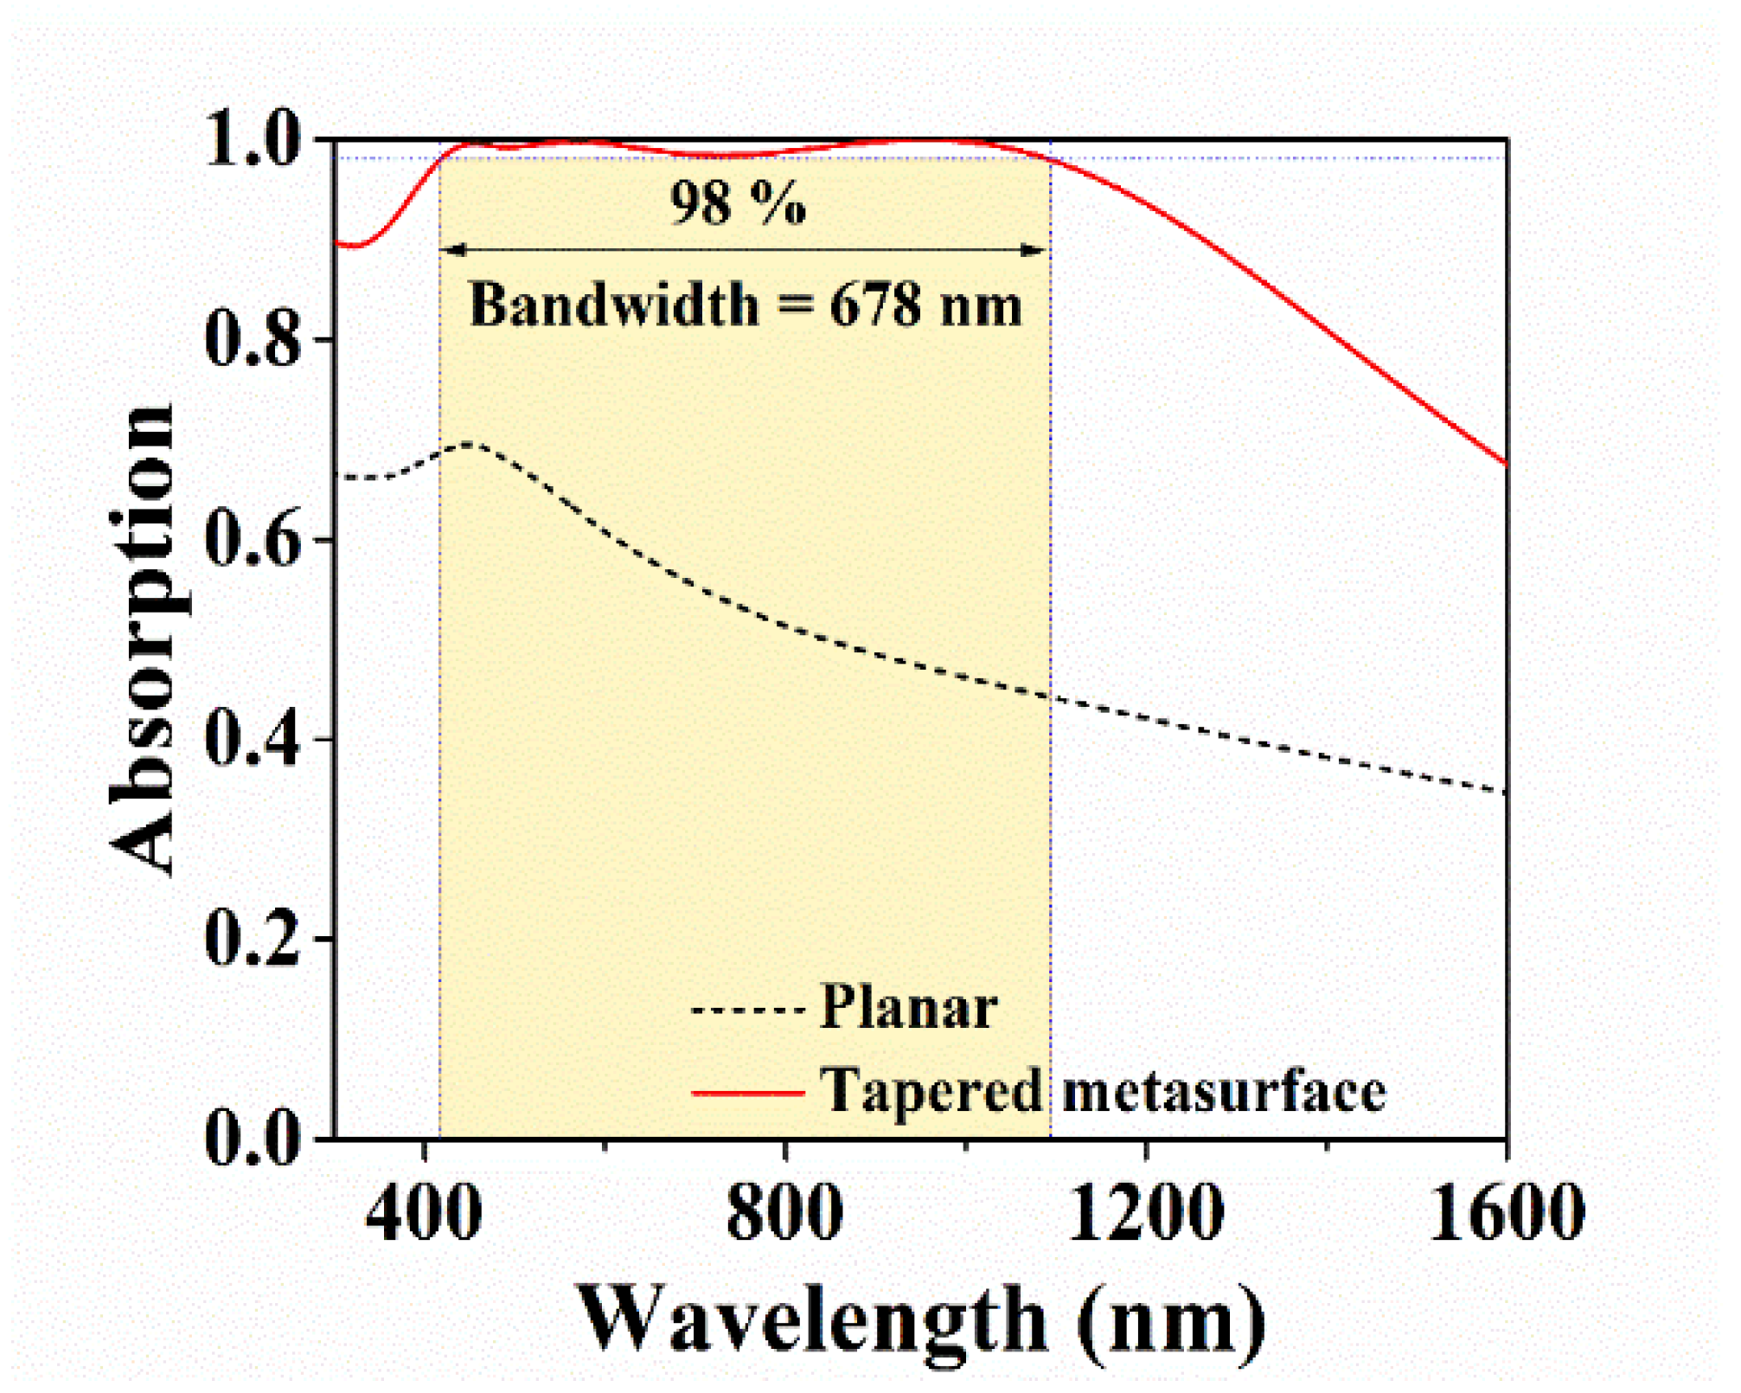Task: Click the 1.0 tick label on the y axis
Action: tap(253, 140)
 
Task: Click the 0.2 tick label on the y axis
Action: tap(253, 940)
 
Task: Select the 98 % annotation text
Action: tap(738, 204)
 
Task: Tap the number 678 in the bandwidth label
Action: tap(875, 305)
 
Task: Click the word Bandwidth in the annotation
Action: tap(613, 305)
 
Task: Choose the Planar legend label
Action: tap(908, 1008)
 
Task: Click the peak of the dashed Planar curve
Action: tap(470, 445)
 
